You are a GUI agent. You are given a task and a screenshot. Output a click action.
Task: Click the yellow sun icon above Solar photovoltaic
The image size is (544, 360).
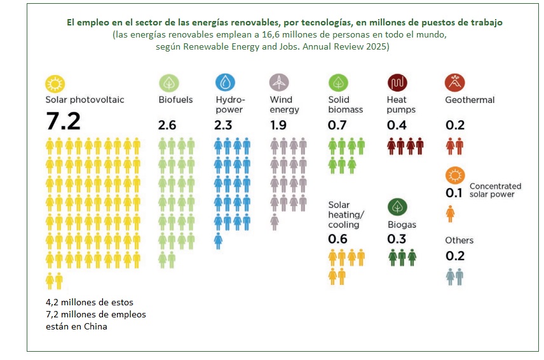point(55,83)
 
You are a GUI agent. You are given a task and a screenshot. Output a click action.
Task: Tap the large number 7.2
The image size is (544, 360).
point(63,121)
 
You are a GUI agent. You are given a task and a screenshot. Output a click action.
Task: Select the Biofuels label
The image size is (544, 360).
point(175,100)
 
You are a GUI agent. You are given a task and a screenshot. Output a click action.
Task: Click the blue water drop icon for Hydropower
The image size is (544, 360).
point(225,83)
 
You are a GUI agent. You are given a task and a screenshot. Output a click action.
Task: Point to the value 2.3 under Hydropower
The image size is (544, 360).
point(223,125)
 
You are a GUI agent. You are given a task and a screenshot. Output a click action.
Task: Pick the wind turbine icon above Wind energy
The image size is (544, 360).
point(279,83)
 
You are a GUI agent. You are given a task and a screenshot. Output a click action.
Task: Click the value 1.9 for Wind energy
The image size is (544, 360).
point(278,125)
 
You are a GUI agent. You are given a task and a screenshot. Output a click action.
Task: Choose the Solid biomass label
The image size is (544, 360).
point(345,104)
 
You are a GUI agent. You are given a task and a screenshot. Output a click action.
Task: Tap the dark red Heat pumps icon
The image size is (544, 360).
point(397,83)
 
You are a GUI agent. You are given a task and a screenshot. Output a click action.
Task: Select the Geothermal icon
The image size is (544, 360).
point(455,83)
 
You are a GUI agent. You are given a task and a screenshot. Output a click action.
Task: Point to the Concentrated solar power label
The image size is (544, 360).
point(495,190)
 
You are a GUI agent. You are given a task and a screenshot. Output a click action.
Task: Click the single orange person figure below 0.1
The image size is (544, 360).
point(451,214)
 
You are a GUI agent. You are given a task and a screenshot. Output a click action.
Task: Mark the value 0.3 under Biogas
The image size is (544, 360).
point(396,239)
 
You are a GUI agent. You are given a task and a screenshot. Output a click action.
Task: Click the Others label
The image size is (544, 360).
point(459,240)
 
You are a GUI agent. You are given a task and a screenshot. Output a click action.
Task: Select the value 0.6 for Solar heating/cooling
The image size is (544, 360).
point(337,239)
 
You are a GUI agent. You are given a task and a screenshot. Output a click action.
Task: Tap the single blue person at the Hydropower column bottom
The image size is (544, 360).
point(218,241)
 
